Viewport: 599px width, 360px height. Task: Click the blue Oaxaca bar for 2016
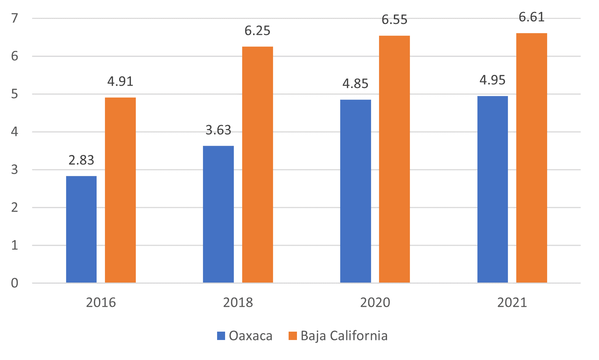[x=81, y=229]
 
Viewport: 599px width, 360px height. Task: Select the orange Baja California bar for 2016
[x=120, y=190]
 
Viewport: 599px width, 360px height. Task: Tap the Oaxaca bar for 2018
[x=218, y=214]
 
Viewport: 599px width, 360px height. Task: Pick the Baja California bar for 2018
[x=257, y=164]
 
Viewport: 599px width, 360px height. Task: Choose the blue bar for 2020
[x=355, y=191]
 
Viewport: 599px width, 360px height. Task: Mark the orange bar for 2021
[x=531, y=158]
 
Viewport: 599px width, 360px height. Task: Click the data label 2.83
[x=81, y=160]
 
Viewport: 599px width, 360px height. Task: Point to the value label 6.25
[x=257, y=31]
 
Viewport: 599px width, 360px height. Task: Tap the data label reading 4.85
[x=355, y=84]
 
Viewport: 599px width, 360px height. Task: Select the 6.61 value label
[x=531, y=17]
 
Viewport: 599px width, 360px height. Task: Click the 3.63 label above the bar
[x=218, y=130]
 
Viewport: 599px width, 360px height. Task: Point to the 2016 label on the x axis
[x=101, y=303]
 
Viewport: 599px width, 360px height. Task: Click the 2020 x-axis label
[x=375, y=303]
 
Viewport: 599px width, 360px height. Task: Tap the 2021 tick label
[x=512, y=303]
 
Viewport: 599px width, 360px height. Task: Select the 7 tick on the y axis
[x=15, y=18]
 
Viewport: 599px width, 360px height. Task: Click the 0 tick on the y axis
[x=15, y=283]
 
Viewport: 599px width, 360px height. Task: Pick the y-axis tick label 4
[x=15, y=132]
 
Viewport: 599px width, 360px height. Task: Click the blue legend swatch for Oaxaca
[x=221, y=336]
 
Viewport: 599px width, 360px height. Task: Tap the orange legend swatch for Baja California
[x=293, y=336]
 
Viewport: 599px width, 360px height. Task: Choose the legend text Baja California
[x=344, y=336]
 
